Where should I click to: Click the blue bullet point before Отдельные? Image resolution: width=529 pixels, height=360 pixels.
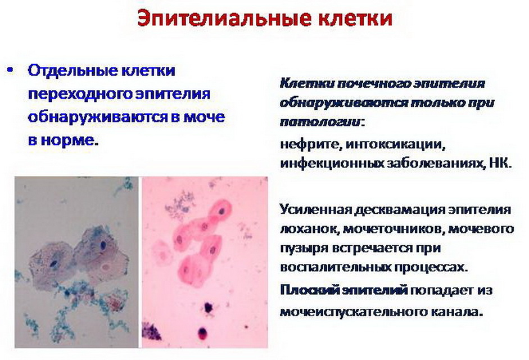tap(11, 70)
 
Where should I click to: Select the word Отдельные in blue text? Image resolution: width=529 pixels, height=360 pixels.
tap(73, 71)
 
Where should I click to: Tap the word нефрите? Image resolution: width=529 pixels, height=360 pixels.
tap(310, 145)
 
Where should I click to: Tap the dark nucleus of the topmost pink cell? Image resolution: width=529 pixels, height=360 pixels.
tap(221, 211)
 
